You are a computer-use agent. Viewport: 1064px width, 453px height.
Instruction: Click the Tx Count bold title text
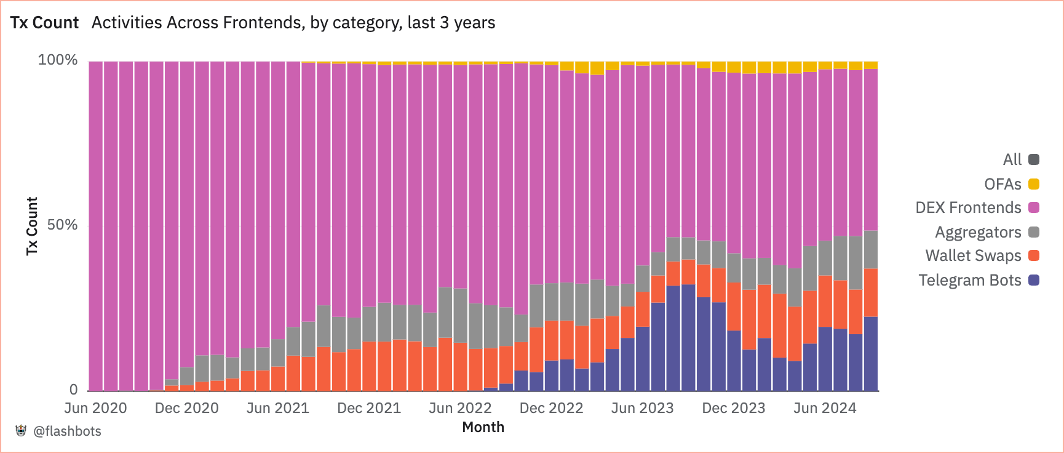[x=44, y=23]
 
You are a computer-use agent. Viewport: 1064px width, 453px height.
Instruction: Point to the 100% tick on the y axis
[x=58, y=60]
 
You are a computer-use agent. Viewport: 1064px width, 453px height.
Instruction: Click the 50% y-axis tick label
[x=62, y=225]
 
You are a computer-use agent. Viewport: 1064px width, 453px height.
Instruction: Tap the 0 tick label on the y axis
[x=74, y=389]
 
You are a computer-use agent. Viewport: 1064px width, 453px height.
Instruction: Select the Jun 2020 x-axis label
[x=95, y=408]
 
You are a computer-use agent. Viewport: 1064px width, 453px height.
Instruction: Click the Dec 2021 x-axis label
[x=369, y=408]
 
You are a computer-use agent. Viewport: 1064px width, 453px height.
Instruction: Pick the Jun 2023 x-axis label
[x=642, y=408]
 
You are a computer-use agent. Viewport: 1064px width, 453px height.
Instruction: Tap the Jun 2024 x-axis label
[x=825, y=408]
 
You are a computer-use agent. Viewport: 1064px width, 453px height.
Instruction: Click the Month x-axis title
[x=483, y=427]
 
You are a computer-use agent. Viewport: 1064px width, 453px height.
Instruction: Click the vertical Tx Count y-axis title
[x=32, y=226]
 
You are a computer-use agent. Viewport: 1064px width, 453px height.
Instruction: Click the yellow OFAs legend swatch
[x=1034, y=184]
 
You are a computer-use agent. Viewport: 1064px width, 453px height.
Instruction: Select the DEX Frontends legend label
[x=968, y=208]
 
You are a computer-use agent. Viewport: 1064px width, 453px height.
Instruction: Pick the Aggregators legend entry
[x=978, y=232]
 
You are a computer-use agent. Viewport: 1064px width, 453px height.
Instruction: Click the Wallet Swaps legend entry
[x=973, y=256]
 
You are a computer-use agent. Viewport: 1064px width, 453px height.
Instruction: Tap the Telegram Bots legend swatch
[x=1034, y=280]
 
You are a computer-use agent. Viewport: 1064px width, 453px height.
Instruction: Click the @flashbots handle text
[x=67, y=431]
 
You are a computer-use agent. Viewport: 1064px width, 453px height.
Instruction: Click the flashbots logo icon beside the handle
[x=22, y=431]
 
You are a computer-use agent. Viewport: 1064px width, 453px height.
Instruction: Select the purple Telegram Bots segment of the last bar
[x=870, y=354]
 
